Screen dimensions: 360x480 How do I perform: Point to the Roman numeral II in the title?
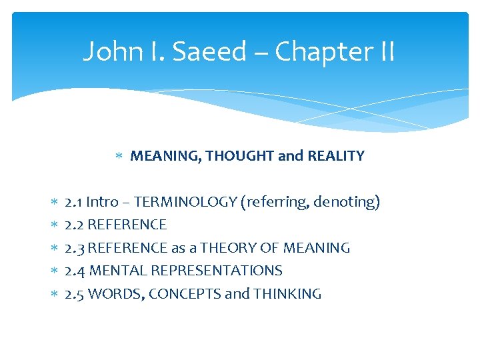point(385,51)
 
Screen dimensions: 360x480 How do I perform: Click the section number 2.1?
point(73,202)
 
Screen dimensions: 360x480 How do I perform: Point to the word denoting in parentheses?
point(346,202)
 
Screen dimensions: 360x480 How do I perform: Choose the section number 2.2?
point(74,225)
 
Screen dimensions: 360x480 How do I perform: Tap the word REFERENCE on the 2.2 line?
point(127,225)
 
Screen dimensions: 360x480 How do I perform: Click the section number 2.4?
point(75,271)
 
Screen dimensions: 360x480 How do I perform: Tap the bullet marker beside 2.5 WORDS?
point(55,294)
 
